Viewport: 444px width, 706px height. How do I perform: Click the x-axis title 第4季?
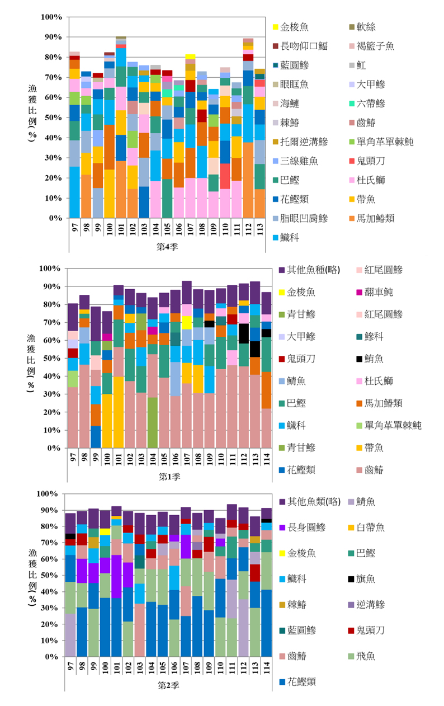click(x=168, y=247)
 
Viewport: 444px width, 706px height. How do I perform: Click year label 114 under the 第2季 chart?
click(x=266, y=667)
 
